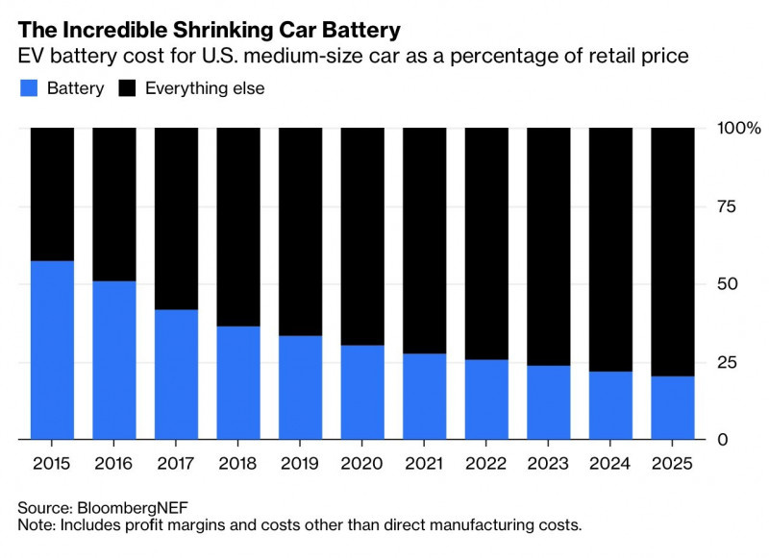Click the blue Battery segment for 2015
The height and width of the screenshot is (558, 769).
pos(52,350)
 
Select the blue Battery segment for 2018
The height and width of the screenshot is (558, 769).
pos(238,382)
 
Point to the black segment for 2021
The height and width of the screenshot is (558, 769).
pos(425,240)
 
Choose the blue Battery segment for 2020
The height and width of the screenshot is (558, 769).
pos(362,392)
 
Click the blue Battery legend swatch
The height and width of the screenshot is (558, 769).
pos(29,88)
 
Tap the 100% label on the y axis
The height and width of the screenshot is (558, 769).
pos(738,128)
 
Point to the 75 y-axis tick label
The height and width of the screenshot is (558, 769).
pos(727,206)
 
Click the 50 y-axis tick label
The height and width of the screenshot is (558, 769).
pos(727,284)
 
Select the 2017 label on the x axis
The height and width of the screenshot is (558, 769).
pos(176,465)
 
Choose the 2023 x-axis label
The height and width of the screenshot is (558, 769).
pos(549,465)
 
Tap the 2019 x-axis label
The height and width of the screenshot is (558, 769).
pos(300,465)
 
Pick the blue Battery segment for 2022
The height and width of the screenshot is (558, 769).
pos(486,400)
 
